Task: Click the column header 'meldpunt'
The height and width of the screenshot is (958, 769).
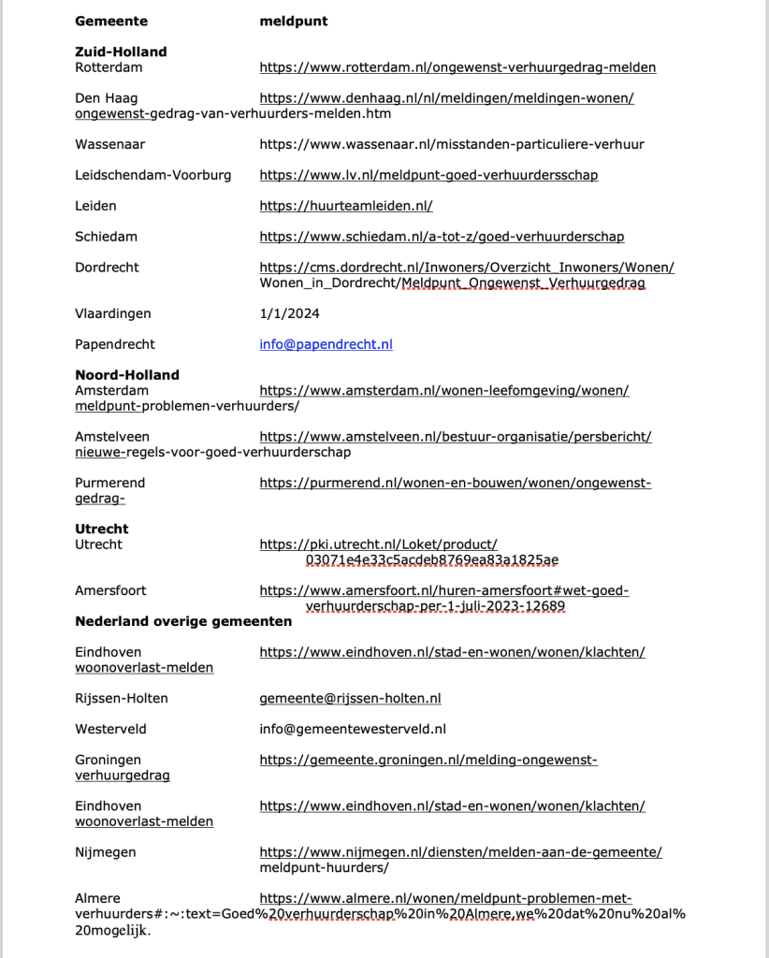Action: [x=294, y=21]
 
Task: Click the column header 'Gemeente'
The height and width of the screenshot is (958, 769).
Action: [x=110, y=21]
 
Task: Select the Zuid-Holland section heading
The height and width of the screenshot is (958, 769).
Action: [x=121, y=52]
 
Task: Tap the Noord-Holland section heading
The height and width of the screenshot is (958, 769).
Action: [x=126, y=375]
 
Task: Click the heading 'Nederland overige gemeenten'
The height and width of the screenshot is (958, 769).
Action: [x=183, y=621]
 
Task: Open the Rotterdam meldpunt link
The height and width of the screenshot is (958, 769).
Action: [x=457, y=67]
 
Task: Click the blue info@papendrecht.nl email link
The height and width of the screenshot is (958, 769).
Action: [x=326, y=344]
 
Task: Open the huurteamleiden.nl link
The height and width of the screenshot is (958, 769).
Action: [x=346, y=206]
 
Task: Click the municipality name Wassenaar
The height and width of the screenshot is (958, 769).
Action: [x=109, y=144]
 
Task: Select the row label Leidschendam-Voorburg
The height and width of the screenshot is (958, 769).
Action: [x=152, y=175]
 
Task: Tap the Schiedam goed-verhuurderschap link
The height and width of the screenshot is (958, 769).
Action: [x=442, y=237]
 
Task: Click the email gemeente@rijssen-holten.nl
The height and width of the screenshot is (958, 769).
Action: [x=350, y=698]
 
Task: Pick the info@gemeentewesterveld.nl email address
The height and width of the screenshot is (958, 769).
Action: [x=353, y=729]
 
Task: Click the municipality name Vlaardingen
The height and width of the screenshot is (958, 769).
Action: [x=112, y=313]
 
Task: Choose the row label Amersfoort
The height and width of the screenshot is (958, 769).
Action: [x=110, y=590]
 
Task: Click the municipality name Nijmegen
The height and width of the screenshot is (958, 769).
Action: [x=105, y=852]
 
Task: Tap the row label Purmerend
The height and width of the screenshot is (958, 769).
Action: [x=109, y=483]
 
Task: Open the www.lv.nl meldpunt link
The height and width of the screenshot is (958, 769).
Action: [x=428, y=175]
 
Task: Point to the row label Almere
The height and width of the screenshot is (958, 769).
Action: [x=97, y=898]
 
